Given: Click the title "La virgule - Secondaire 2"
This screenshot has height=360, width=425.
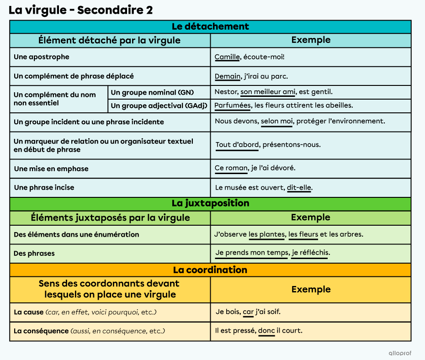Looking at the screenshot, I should click(x=81, y=10).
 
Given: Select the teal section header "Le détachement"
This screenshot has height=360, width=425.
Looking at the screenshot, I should click(x=210, y=26).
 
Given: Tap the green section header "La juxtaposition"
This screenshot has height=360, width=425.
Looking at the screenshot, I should click(x=210, y=203).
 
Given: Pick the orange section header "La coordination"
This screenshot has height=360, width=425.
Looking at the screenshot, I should click(x=210, y=270).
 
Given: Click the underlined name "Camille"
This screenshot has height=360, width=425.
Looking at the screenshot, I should click(x=227, y=57).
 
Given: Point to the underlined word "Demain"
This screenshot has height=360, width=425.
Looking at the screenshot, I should click(x=228, y=76).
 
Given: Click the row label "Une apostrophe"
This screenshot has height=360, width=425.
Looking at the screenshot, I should click(x=42, y=57).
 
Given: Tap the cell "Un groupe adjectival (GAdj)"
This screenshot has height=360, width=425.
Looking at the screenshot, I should click(x=159, y=106).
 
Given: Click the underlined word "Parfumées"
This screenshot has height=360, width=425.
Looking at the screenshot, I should click(x=233, y=106).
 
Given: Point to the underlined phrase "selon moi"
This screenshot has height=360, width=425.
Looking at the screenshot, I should click(x=276, y=122).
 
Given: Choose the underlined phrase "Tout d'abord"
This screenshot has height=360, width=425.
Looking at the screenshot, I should click(x=237, y=145).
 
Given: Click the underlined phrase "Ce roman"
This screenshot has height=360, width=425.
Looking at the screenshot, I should click(x=231, y=168).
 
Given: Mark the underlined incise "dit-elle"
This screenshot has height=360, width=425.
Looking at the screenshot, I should click(x=299, y=187).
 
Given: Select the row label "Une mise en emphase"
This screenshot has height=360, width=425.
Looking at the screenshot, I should click(x=51, y=169).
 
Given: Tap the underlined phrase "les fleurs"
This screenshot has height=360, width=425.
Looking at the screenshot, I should click(x=303, y=234).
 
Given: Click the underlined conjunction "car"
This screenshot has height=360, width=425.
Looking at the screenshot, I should click(x=248, y=312).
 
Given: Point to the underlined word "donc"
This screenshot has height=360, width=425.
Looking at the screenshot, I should click(x=266, y=331).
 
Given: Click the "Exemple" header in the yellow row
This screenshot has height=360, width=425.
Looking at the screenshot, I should click(x=311, y=289).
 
